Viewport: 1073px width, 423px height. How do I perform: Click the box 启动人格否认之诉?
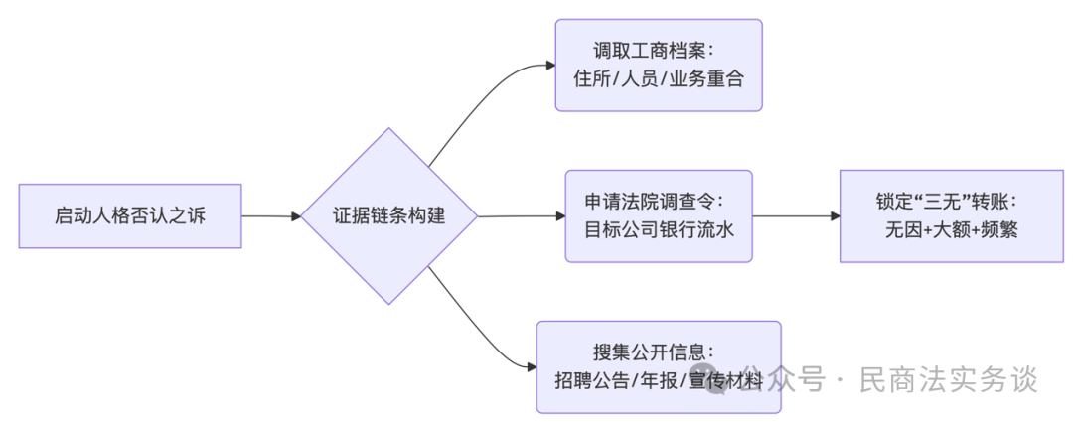pyautogui.click(x=130, y=215)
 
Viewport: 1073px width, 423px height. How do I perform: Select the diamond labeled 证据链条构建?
pyautogui.click(x=389, y=215)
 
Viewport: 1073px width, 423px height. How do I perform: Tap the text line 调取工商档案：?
pyautogui.click(x=658, y=51)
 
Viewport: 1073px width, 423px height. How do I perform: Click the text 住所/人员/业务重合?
pyautogui.click(x=658, y=80)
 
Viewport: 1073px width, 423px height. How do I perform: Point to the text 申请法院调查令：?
pyautogui.click(x=658, y=202)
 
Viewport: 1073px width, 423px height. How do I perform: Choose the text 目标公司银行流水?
pyautogui.click(x=658, y=230)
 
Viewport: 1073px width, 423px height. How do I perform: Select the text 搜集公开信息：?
pyautogui.click(x=658, y=352)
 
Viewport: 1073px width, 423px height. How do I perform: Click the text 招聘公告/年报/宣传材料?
pyautogui.click(x=658, y=381)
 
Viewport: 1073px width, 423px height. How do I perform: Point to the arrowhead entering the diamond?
pyautogui.click(x=296, y=215)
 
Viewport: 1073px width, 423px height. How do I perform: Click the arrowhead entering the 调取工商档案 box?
pyautogui.click(x=549, y=66)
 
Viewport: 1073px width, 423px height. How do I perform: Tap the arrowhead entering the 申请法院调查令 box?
pyautogui.click(x=559, y=215)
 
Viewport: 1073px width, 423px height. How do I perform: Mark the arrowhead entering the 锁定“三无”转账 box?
pyautogui.click(x=834, y=215)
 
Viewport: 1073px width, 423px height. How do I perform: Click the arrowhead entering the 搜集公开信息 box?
pyautogui.click(x=531, y=367)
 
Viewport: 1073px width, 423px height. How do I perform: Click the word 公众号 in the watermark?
pyautogui.click(x=785, y=379)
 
